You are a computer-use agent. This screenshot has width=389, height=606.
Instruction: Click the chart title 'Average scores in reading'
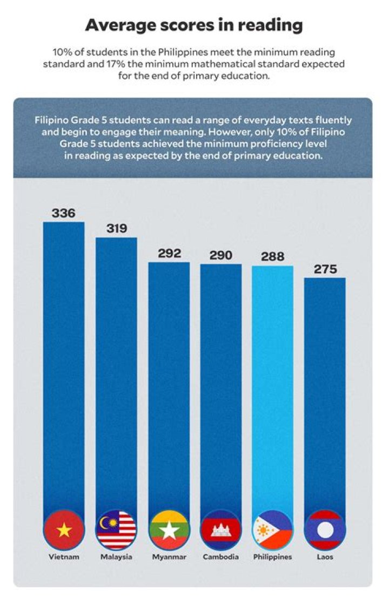coord(194,25)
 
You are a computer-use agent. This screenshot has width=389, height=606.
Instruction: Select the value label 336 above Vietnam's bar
coord(63,213)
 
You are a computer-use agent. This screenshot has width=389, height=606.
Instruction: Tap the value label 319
coord(116,228)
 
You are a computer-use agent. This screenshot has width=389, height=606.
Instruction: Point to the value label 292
coord(169,254)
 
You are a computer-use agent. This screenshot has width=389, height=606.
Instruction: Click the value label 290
coord(221,255)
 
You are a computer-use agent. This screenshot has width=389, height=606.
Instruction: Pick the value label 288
coord(273,257)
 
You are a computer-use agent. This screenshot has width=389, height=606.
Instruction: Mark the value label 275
coord(325,269)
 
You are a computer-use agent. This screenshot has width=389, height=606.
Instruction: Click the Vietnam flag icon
coord(64,530)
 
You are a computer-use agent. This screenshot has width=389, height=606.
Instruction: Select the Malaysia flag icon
coord(116,530)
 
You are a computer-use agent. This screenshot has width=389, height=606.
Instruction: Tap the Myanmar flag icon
coord(169,530)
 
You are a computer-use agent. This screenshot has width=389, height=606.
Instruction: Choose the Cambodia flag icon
coord(221,530)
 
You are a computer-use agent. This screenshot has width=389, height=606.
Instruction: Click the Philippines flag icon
coord(273,530)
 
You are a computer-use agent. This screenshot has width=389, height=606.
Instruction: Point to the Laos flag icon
coord(325,530)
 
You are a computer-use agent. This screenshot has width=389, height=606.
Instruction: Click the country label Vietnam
coord(64,557)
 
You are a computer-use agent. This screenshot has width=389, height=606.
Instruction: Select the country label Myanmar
coord(169,557)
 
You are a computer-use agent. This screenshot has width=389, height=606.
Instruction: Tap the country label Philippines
coord(273,557)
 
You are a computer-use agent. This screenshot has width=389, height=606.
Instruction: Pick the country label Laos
coord(325,557)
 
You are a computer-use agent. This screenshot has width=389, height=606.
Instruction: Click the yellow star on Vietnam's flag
coord(64,530)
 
